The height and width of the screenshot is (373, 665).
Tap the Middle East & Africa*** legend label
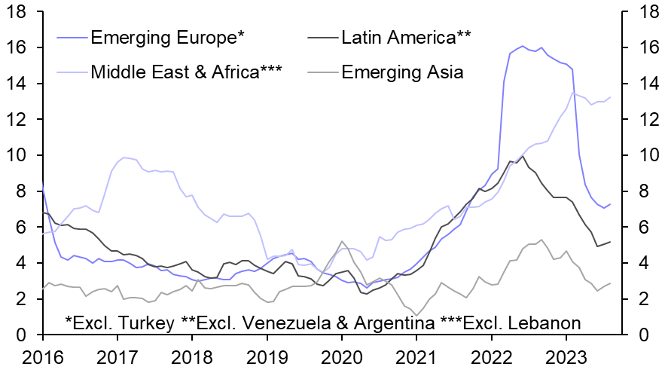[x=186, y=72]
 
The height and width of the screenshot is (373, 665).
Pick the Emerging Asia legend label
[x=402, y=72]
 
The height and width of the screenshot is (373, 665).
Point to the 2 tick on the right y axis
[x=640, y=299]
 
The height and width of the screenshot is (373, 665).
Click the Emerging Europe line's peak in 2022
[x=522, y=46]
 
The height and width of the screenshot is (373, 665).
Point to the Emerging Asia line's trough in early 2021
[x=416, y=315]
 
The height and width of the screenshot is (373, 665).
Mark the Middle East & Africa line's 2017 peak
[x=124, y=157]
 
